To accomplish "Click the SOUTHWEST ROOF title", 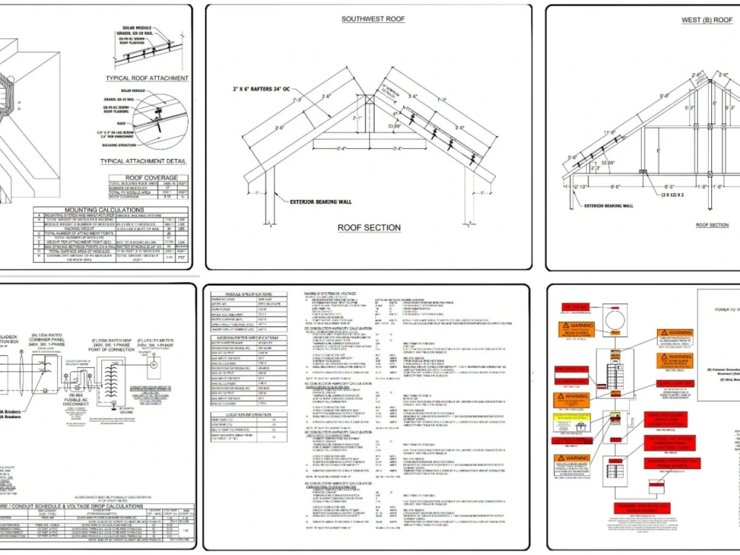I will point(373,19).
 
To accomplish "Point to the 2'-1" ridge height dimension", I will point(359,118).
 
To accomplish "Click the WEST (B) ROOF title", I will point(707,20).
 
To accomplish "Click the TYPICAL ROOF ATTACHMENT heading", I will point(147,78).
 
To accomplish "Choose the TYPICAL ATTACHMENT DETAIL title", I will point(143,161).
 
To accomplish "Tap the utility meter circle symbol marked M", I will point(155,365).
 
